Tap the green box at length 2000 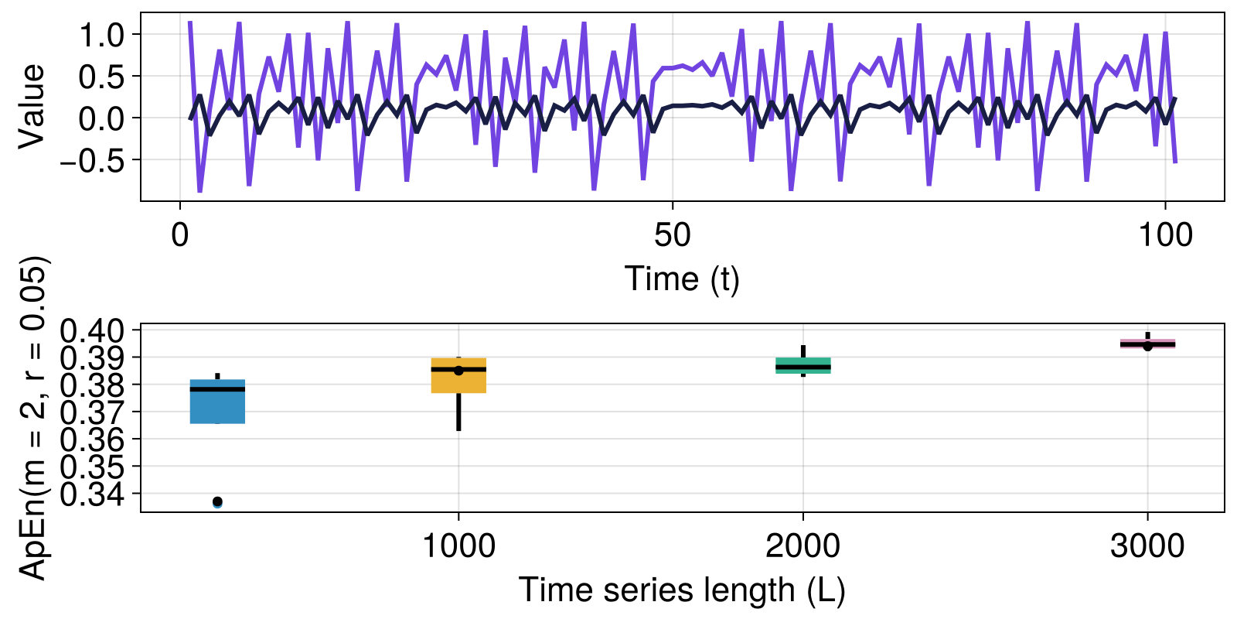803,365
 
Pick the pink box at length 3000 1147,344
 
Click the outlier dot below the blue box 217,502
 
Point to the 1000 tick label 458,546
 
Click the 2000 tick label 803,546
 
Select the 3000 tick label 1147,546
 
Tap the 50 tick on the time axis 673,234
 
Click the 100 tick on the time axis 1165,234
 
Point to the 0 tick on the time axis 180,234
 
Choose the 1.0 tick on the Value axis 103,34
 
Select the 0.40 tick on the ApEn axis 92,330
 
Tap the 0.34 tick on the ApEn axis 92,494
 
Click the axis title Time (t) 682,279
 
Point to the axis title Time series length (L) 682,590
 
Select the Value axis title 32,106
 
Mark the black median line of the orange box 458,370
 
